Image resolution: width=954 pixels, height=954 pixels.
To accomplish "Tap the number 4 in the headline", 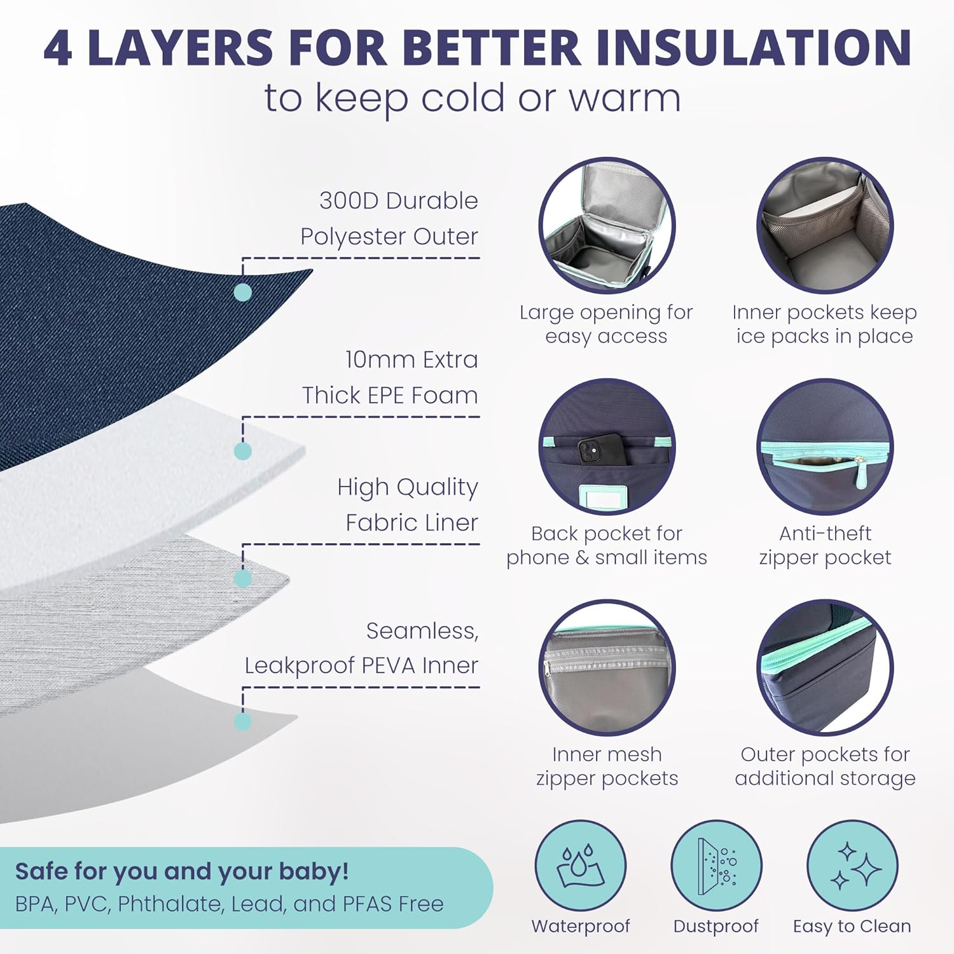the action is pos(58,48).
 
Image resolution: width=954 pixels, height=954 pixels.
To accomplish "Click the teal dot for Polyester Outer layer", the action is pos(242,292).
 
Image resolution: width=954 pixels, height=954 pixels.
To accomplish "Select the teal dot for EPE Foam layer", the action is pos(242,451).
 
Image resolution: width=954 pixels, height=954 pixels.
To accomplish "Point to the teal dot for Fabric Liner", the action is pos(242,578).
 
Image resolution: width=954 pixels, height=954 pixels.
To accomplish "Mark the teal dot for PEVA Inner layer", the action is pos(242,721).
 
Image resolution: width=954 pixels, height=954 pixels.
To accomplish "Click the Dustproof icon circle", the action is pos(716,866).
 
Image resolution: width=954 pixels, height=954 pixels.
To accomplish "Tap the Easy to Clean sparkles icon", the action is pos(852,866).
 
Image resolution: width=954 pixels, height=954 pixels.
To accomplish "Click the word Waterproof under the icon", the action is pos(581,926).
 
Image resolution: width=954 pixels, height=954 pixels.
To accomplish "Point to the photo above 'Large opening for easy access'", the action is pos(607,226).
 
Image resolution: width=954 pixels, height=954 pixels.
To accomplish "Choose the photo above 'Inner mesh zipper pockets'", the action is pos(607,668).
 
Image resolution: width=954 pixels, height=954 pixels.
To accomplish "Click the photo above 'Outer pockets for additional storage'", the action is pos(825,668).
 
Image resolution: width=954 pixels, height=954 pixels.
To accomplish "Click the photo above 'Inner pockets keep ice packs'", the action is pos(825,226).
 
